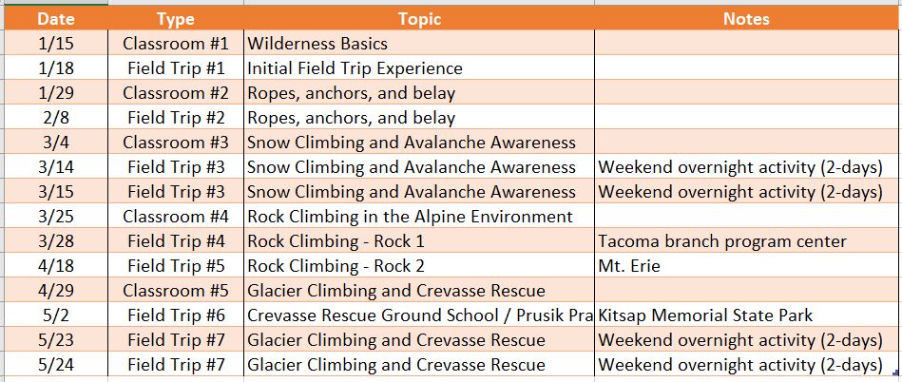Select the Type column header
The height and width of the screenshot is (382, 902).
pos(175,19)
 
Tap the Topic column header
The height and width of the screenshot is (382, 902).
pos(419,19)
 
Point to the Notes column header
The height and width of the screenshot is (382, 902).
pos(746,19)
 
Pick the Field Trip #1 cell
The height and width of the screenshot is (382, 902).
pos(175,68)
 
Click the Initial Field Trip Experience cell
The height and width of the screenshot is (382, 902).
pos(355,68)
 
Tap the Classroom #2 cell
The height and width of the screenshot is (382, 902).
pos(175,93)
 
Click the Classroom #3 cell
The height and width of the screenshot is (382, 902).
pos(175,143)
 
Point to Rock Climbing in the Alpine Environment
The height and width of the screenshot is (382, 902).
pos(410,217)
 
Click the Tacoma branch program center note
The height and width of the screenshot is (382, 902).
pos(722,241)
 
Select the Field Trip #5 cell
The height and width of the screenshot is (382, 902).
pos(175,266)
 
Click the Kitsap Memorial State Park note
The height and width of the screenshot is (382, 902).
pos(705,315)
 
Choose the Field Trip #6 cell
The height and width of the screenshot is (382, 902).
pos(175,315)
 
